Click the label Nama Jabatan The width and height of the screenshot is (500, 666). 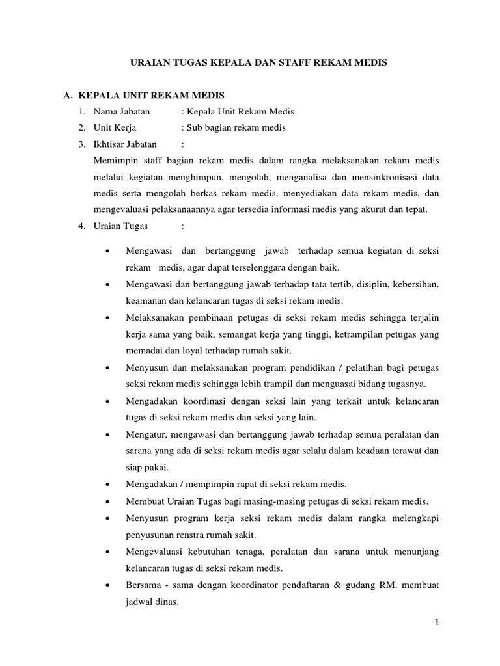pyautogui.click(x=122, y=112)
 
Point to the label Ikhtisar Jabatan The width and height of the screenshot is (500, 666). pyautogui.click(x=125, y=144)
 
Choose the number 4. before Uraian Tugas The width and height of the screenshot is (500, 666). pyautogui.click(x=81, y=226)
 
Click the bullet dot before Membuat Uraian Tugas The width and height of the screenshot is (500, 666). pyautogui.click(x=106, y=501)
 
